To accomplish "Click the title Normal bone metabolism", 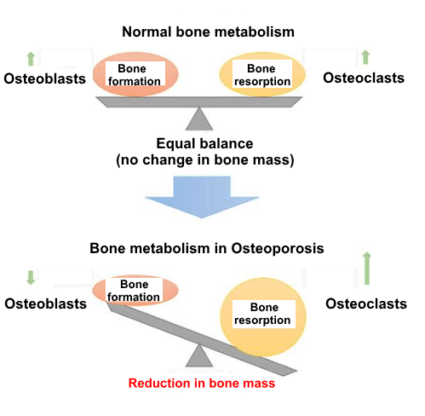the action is [x=208, y=32].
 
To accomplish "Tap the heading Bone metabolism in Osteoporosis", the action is [x=207, y=248].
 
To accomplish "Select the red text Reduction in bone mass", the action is [x=202, y=383].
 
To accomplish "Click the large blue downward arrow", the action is [x=202, y=197].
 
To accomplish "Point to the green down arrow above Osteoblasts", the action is [x=31, y=278].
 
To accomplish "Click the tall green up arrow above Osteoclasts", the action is [x=367, y=269].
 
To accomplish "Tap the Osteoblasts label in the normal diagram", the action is [x=45, y=78].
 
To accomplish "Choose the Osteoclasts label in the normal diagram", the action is [x=364, y=78].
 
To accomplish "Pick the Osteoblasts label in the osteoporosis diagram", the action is [x=45, y=303].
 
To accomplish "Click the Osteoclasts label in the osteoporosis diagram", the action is [x=366, y=303].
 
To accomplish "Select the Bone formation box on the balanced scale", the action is [x=135, y=73].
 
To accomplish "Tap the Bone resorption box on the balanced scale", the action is [x=262, y=73].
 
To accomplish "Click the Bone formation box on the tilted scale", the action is [x=134, y=290].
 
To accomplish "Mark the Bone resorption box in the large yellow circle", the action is [x=264, y=314].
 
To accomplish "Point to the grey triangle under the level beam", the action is [x=199, y=118].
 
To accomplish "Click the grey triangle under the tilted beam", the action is [x=199, y=355].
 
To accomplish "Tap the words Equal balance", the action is [x=204, y=143].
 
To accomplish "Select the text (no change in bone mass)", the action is [x=205, y=160].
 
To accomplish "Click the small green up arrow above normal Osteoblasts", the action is [x=31, y=59].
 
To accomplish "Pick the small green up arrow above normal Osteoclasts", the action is [x=365, y=57].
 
